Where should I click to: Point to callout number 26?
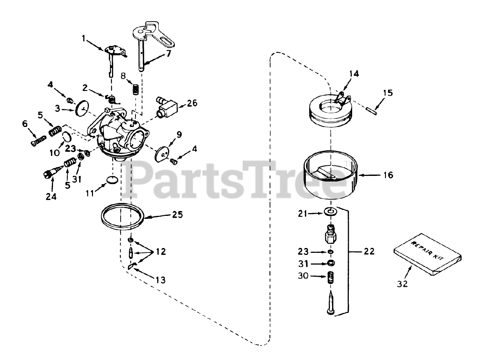coord(193,103)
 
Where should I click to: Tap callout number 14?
coord(354,74)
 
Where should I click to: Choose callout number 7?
coord(168,54)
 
